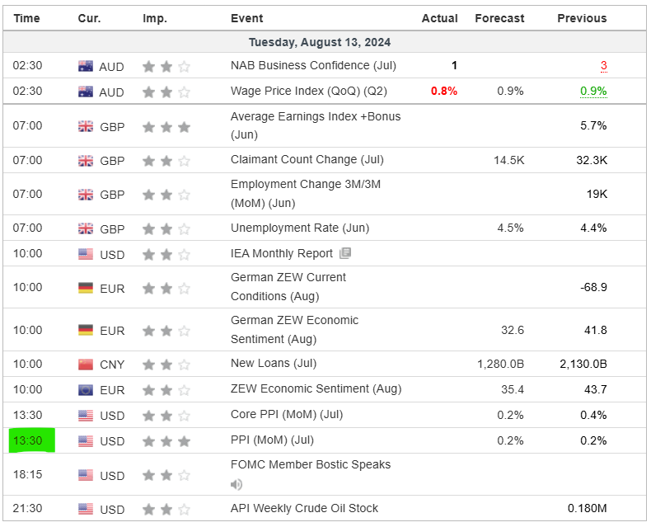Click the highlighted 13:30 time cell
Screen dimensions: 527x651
point(27,440)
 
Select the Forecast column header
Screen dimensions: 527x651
point(499,18)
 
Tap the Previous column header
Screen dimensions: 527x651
point(582,18)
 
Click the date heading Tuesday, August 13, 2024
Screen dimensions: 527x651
point(320,42)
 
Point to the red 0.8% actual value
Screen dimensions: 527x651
point(443,91)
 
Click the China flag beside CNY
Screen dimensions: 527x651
point(86,364)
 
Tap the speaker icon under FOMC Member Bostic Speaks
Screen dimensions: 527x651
point(237,484)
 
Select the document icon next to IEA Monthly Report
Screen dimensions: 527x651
point(345,253)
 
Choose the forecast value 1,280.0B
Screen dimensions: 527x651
point(500,364)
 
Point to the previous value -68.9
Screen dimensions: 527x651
point(593,287)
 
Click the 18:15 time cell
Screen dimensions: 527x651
point(27,475)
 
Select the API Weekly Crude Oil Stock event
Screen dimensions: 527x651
point(305,508)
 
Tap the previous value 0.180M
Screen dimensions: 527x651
point(588,509)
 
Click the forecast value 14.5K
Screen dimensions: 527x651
point(508,160)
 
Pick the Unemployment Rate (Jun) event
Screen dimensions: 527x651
point(300,228)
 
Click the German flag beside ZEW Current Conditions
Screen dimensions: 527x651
point(86,288)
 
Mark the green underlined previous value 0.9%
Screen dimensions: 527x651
point(593,91)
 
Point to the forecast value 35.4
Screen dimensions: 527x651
point(511,389)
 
